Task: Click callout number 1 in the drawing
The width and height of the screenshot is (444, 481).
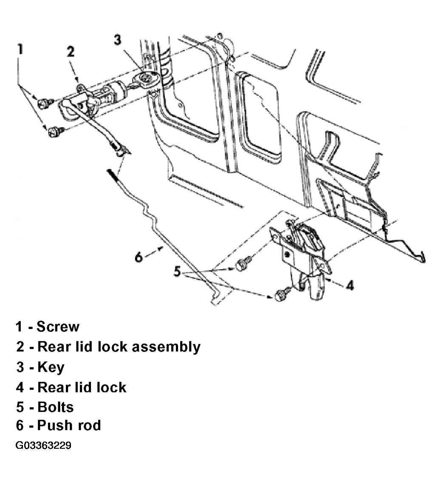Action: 20,49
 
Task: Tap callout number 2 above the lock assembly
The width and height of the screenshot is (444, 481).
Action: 71,52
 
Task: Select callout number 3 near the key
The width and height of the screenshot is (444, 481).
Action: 118,40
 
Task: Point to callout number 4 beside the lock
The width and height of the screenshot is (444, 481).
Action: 350,285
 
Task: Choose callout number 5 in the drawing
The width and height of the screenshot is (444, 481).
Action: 177,271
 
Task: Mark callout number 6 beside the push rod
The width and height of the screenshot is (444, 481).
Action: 139,257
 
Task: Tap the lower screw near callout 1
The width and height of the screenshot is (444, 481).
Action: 56,131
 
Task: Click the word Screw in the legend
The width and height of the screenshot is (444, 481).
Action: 58,327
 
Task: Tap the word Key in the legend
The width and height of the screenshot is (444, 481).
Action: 51,367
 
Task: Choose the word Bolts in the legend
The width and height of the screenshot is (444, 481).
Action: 55,407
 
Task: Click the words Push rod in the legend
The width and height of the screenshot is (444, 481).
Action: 69,425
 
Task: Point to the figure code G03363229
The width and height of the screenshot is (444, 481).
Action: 43,445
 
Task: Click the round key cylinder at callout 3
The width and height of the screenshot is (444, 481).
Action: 146,78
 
